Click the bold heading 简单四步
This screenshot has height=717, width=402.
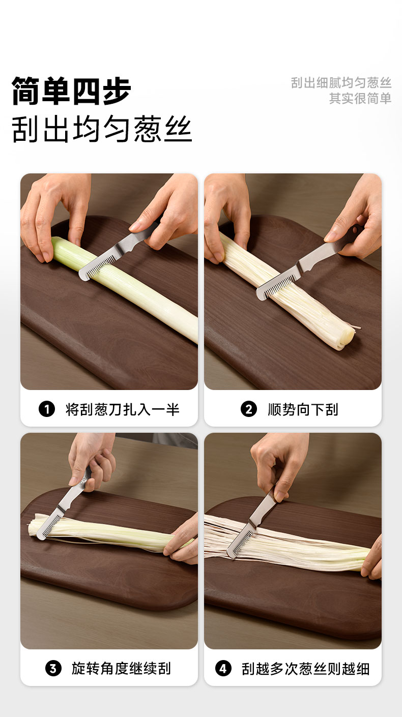71,91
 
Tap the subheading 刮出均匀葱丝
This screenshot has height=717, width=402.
102,129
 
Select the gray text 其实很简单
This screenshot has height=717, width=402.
360,98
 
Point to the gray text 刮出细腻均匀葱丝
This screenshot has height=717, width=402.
341,82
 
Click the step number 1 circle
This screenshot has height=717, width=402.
47,409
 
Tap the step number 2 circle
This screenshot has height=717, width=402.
249,409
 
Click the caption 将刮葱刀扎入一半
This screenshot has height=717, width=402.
122,409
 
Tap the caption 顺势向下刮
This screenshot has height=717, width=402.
303,409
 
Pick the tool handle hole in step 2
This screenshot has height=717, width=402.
355,230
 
